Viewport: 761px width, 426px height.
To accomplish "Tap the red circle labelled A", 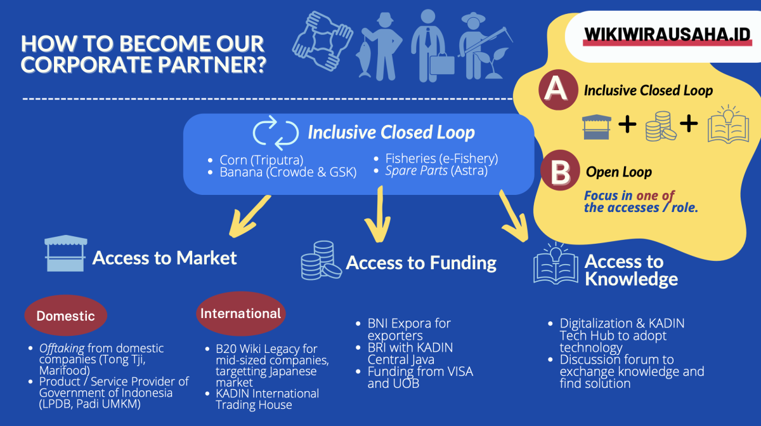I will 557,90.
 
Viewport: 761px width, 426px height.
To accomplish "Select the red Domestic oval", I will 65,316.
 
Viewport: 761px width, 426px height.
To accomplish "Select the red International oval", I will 240,313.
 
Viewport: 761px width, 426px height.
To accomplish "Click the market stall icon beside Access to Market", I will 65,254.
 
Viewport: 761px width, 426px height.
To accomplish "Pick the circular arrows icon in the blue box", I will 275,131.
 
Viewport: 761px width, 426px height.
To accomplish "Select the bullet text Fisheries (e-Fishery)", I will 441,159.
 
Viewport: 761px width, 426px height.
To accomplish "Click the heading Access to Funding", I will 421,263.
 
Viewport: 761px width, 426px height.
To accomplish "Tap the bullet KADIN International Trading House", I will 266,399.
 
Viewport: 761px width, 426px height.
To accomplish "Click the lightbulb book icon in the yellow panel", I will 729,124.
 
